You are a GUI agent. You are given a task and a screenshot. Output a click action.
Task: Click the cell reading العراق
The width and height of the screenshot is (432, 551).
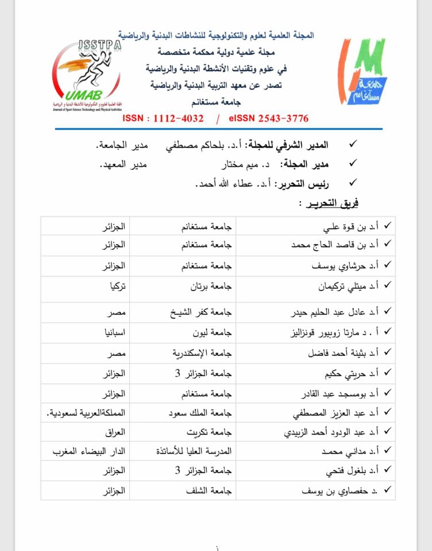tap(116, 432)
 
